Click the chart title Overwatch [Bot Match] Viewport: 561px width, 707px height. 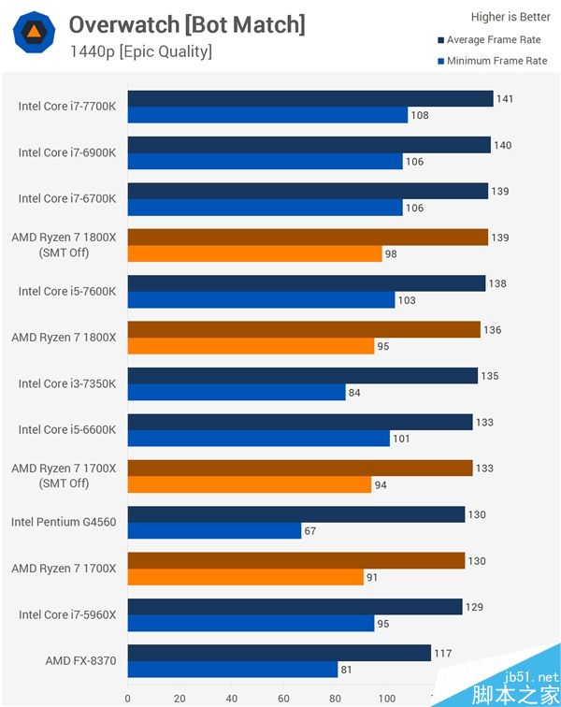tap(187, 24)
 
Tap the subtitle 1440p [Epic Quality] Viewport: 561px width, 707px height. tap(140, 50)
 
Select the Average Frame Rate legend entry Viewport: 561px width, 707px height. tap(493, 40)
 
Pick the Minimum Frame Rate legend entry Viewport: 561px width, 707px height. tap(496, 61)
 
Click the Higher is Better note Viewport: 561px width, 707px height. tap(511, 16)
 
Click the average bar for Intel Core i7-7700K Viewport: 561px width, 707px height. tap(310, 99)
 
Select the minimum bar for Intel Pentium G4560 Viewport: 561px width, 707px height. tap(214, 531)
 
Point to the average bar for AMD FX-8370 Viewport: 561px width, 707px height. tap(279, 653)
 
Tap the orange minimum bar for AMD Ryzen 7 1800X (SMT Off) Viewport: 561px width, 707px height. tap(254, 253)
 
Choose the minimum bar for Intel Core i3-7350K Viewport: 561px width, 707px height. tap(237, 392)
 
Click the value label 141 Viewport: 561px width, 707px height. tap(505, 99)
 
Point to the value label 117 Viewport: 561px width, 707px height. tap(442, 653)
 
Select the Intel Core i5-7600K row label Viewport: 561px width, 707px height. tap(67, 291)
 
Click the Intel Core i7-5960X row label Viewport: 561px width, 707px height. tap(67, 614)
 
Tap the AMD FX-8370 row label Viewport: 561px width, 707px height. tap(80, 661)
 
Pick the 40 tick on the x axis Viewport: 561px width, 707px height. tap(232, 698)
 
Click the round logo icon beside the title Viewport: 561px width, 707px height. tap(33, 33)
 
